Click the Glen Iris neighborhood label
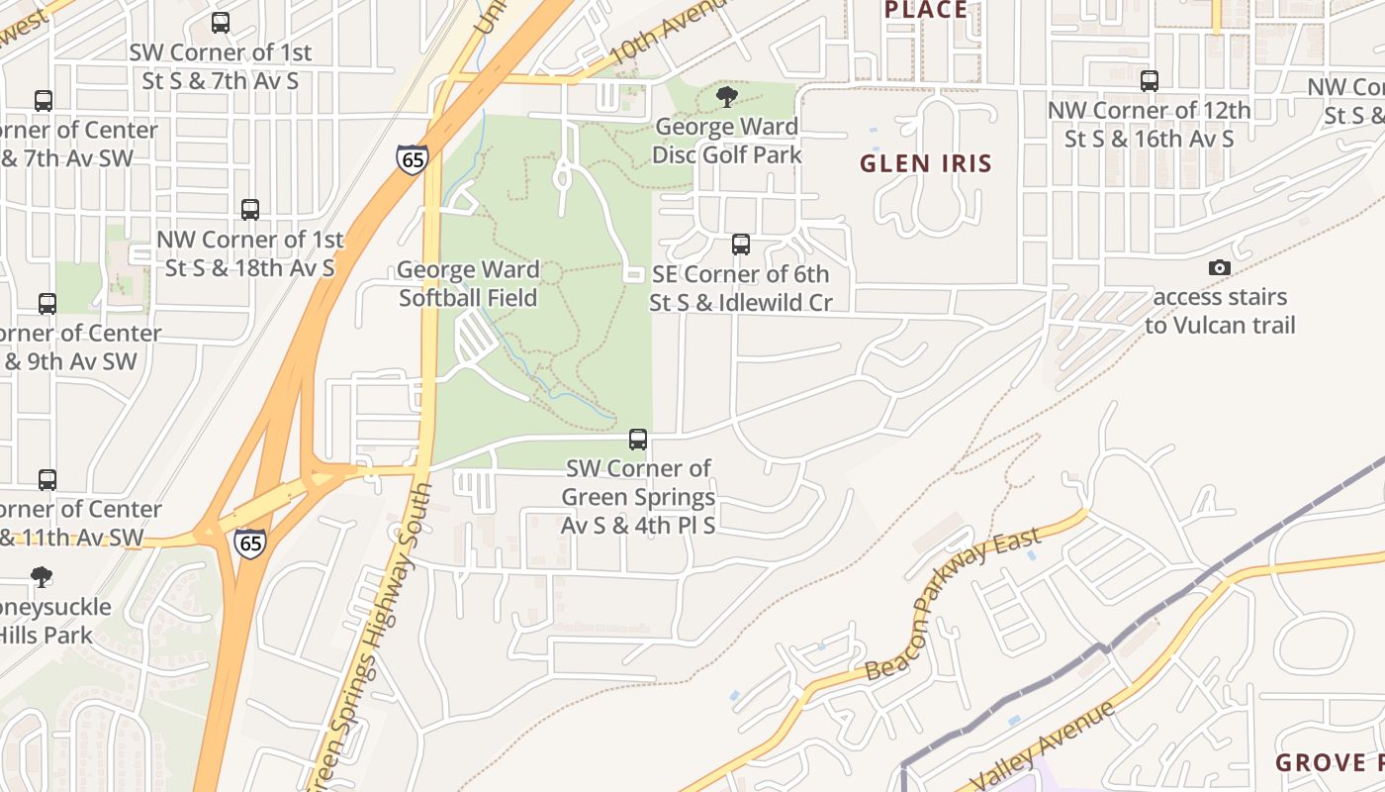click(925, 163)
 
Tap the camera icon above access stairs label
click(1220, 267)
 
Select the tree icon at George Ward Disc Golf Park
click(727, 96)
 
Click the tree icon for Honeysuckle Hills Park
click(42, 576)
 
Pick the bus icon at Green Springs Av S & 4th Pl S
click(638, 439)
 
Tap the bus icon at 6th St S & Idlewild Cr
click(741, 244)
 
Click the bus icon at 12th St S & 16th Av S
click(1150, 81)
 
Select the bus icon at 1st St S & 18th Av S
click(250, 210)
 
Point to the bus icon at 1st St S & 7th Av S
click(221, 22)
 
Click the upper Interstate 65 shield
click(412, 159)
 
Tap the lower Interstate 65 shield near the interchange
click(249, 543)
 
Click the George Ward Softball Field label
click(469, 283)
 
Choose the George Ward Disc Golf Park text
click(727, 141)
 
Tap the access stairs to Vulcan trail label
click(1220, 311)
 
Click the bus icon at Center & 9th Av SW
click(46, 304)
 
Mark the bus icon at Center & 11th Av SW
click(46, 480)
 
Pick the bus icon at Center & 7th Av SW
click(44, 101)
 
